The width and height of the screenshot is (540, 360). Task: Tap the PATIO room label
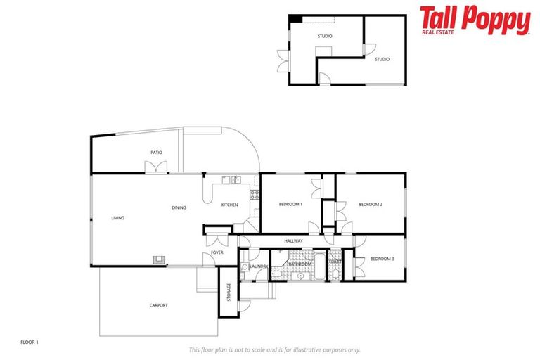[156, 152]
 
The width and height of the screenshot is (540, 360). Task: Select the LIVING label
[117, 218]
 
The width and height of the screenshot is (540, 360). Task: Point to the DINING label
[179, 207]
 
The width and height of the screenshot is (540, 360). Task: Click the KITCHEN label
[230, 205]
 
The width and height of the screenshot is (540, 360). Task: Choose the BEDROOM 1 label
[290, 204]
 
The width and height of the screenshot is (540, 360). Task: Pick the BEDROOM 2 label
[371, 204]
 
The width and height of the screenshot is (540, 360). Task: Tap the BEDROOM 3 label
[382, 259]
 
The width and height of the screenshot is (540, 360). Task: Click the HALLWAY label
[293, 241]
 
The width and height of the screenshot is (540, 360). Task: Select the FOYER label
[217, 252]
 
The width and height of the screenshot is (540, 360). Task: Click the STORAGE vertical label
[229, 292]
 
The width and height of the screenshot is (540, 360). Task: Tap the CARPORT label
[159, 305]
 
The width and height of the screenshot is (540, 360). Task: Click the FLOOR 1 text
[30, 342]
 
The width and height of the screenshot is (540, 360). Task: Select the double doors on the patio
[156, 167]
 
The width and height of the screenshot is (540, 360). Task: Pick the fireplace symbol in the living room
[158, 259]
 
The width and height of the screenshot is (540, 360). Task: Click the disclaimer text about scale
[274, 349]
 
